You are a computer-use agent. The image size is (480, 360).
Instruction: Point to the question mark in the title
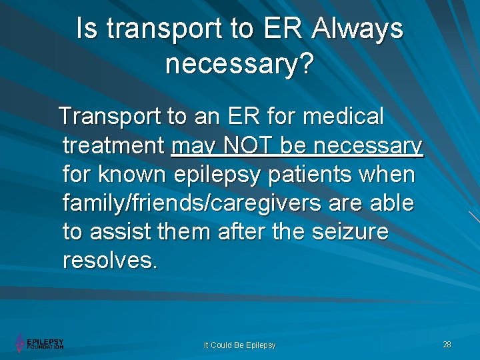click(307, 64)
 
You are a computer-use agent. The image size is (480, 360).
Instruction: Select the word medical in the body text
click(343, 117)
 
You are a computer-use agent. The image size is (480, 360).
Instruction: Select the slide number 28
click(447, 344)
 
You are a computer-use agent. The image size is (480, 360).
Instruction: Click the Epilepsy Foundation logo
click(39, 343)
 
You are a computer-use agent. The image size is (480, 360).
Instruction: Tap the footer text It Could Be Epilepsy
click(239, 345)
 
